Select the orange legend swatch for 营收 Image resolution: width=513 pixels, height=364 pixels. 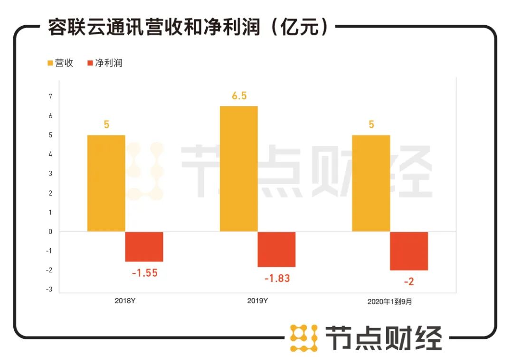tap(50, 63)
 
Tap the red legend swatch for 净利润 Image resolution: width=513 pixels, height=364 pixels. tap(90, 63)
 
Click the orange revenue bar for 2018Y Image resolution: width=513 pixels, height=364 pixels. tap(106, 183)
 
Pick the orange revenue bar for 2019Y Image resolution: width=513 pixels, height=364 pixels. tap(238, 169)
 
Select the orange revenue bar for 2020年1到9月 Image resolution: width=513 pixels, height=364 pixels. tap(371, 183)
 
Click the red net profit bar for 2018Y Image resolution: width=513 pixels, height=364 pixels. tap(144, 247)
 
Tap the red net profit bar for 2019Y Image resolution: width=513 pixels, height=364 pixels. tap(276, 249)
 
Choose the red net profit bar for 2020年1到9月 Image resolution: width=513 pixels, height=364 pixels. tap(409, 251)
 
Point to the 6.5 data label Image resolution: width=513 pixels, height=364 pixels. tap(238, 96)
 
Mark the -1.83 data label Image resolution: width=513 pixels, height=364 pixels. tap(277, 279)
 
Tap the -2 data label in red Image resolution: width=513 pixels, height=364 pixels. tap(409, 282)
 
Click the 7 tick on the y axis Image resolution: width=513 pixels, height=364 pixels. tap(50, 97)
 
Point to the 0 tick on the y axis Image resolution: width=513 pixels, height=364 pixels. tap(50, 232)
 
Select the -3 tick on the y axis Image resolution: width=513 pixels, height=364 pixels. tap(49, 289)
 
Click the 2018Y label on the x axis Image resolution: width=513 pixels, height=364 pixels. tap(125, 301)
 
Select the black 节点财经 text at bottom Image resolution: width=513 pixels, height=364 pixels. tap(383, 338)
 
